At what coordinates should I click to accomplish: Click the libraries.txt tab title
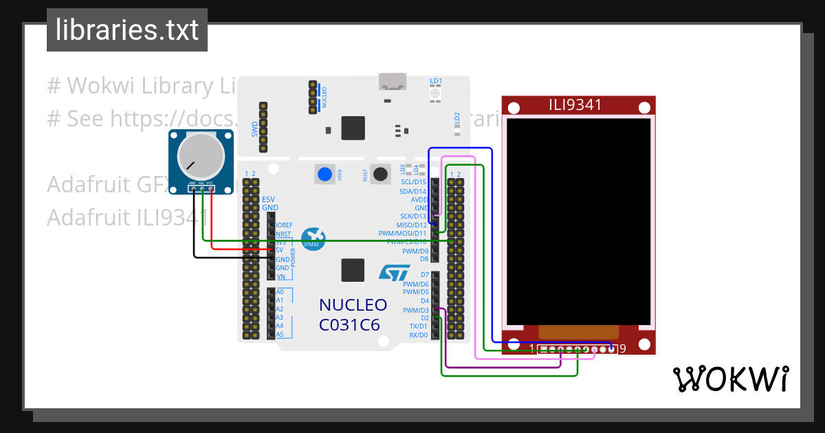[126, 30]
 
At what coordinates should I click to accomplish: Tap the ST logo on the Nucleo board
[394, 272]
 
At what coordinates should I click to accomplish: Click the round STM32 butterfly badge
[312, 238]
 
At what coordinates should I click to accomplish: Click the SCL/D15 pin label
[413, 182]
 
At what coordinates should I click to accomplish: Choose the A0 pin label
[279, 292]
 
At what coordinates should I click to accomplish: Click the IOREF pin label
[284, 225]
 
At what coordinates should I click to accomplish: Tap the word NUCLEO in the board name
[353, 305]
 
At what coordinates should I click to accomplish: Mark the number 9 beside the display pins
[622, 349]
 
